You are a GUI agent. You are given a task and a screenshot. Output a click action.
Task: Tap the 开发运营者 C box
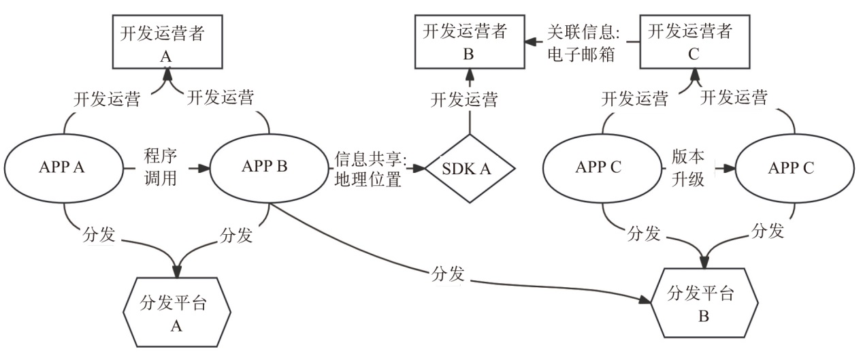(693, 44)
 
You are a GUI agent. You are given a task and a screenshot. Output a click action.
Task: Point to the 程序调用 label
(161, 167)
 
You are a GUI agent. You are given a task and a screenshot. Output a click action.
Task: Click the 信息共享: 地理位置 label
(370, 168)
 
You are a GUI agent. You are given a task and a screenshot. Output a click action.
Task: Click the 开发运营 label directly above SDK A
(465, 99)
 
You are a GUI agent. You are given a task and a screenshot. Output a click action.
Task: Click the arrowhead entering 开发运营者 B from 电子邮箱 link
(528, 43)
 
